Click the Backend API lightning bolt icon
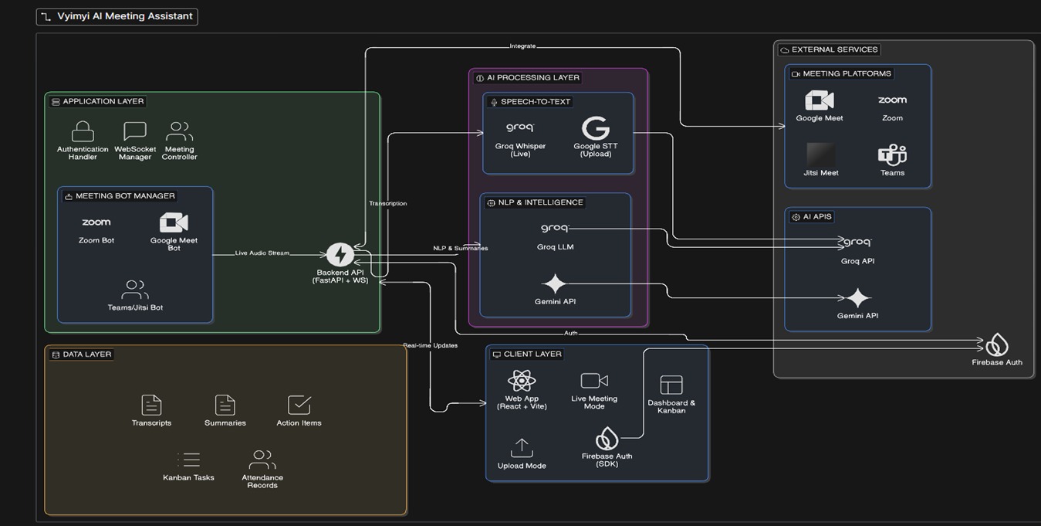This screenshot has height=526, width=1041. pos(340,255)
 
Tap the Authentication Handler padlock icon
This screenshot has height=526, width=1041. pos(83,131)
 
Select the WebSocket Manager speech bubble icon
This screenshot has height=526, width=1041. pos(135,131)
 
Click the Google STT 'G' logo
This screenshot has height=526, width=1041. pos(595,128)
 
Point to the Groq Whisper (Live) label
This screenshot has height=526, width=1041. pos(520,150)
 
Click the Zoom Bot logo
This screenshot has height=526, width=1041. pos(96,222)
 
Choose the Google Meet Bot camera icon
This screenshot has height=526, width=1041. pos(174,222)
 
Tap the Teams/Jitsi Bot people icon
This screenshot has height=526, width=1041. pos(135,290)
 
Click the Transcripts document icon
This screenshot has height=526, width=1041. pos(151,405)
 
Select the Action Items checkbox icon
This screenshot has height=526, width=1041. pos(299,405)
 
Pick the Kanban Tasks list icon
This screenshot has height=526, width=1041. pos(189,460)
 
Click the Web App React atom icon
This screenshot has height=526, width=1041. pos(522,381)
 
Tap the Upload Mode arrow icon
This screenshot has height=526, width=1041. pos(522,448)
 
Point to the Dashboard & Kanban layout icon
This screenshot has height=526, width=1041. pos(671,385)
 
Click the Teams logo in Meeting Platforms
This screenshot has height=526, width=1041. pos(892,155)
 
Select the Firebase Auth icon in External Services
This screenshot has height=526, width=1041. pos(997,344)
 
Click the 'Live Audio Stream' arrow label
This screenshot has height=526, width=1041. pos(262,253)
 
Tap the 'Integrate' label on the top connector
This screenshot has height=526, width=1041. pos(522,46)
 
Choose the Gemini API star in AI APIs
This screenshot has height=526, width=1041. pos(857,298)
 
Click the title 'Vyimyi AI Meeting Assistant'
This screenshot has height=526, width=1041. pos(124,16)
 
